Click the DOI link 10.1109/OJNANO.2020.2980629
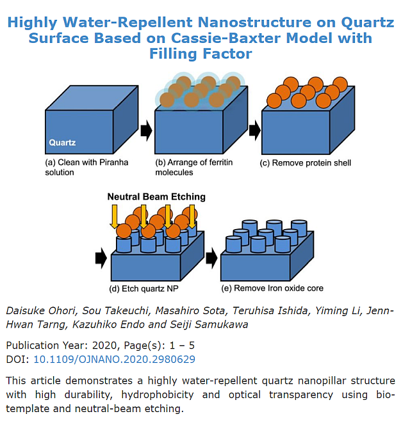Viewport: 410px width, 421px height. point(114,359)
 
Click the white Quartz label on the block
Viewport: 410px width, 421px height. point(62,143)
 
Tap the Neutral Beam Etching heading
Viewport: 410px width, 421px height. point(156,197)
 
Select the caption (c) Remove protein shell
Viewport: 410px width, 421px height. point(306,163)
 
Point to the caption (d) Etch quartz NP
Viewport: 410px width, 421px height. point(143,289)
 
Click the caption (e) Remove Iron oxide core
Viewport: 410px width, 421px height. point(272,289)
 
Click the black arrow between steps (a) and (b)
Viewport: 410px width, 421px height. point(146,131)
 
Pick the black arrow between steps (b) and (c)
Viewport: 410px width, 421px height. point(254,131)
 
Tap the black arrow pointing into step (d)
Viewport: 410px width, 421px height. point(101,258)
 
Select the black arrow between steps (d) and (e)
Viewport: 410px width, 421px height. point(211,258)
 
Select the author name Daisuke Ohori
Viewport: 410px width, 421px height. point(40,311)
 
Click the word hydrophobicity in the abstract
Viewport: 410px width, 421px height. point(158,395)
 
